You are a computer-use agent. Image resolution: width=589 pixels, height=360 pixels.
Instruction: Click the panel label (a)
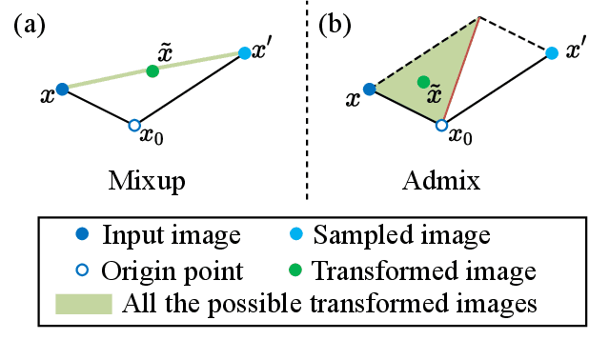(x=30, y=26)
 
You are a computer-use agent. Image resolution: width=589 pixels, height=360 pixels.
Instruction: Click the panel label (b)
(x=335, y=26)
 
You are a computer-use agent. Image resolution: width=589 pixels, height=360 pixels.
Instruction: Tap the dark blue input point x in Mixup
(x=62, y=90)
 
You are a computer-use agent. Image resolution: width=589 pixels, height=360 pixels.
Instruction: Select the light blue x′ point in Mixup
(x=246, y=52)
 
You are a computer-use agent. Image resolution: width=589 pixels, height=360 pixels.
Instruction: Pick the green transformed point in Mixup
(x=152, y=71)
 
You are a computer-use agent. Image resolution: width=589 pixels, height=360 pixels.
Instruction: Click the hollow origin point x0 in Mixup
(x=134, y=125)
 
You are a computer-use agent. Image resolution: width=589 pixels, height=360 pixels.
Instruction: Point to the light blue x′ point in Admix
(x=552, y=52)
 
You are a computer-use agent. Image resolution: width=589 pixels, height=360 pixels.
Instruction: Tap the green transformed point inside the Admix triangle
(x=422, y=83)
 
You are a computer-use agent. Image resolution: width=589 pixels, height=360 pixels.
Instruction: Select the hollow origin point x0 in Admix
(x=441, y=125)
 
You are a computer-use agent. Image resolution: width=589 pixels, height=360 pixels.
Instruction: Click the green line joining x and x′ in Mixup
(x=105, y=80)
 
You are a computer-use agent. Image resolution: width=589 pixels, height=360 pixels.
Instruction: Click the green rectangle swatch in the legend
(x=85, y=304)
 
